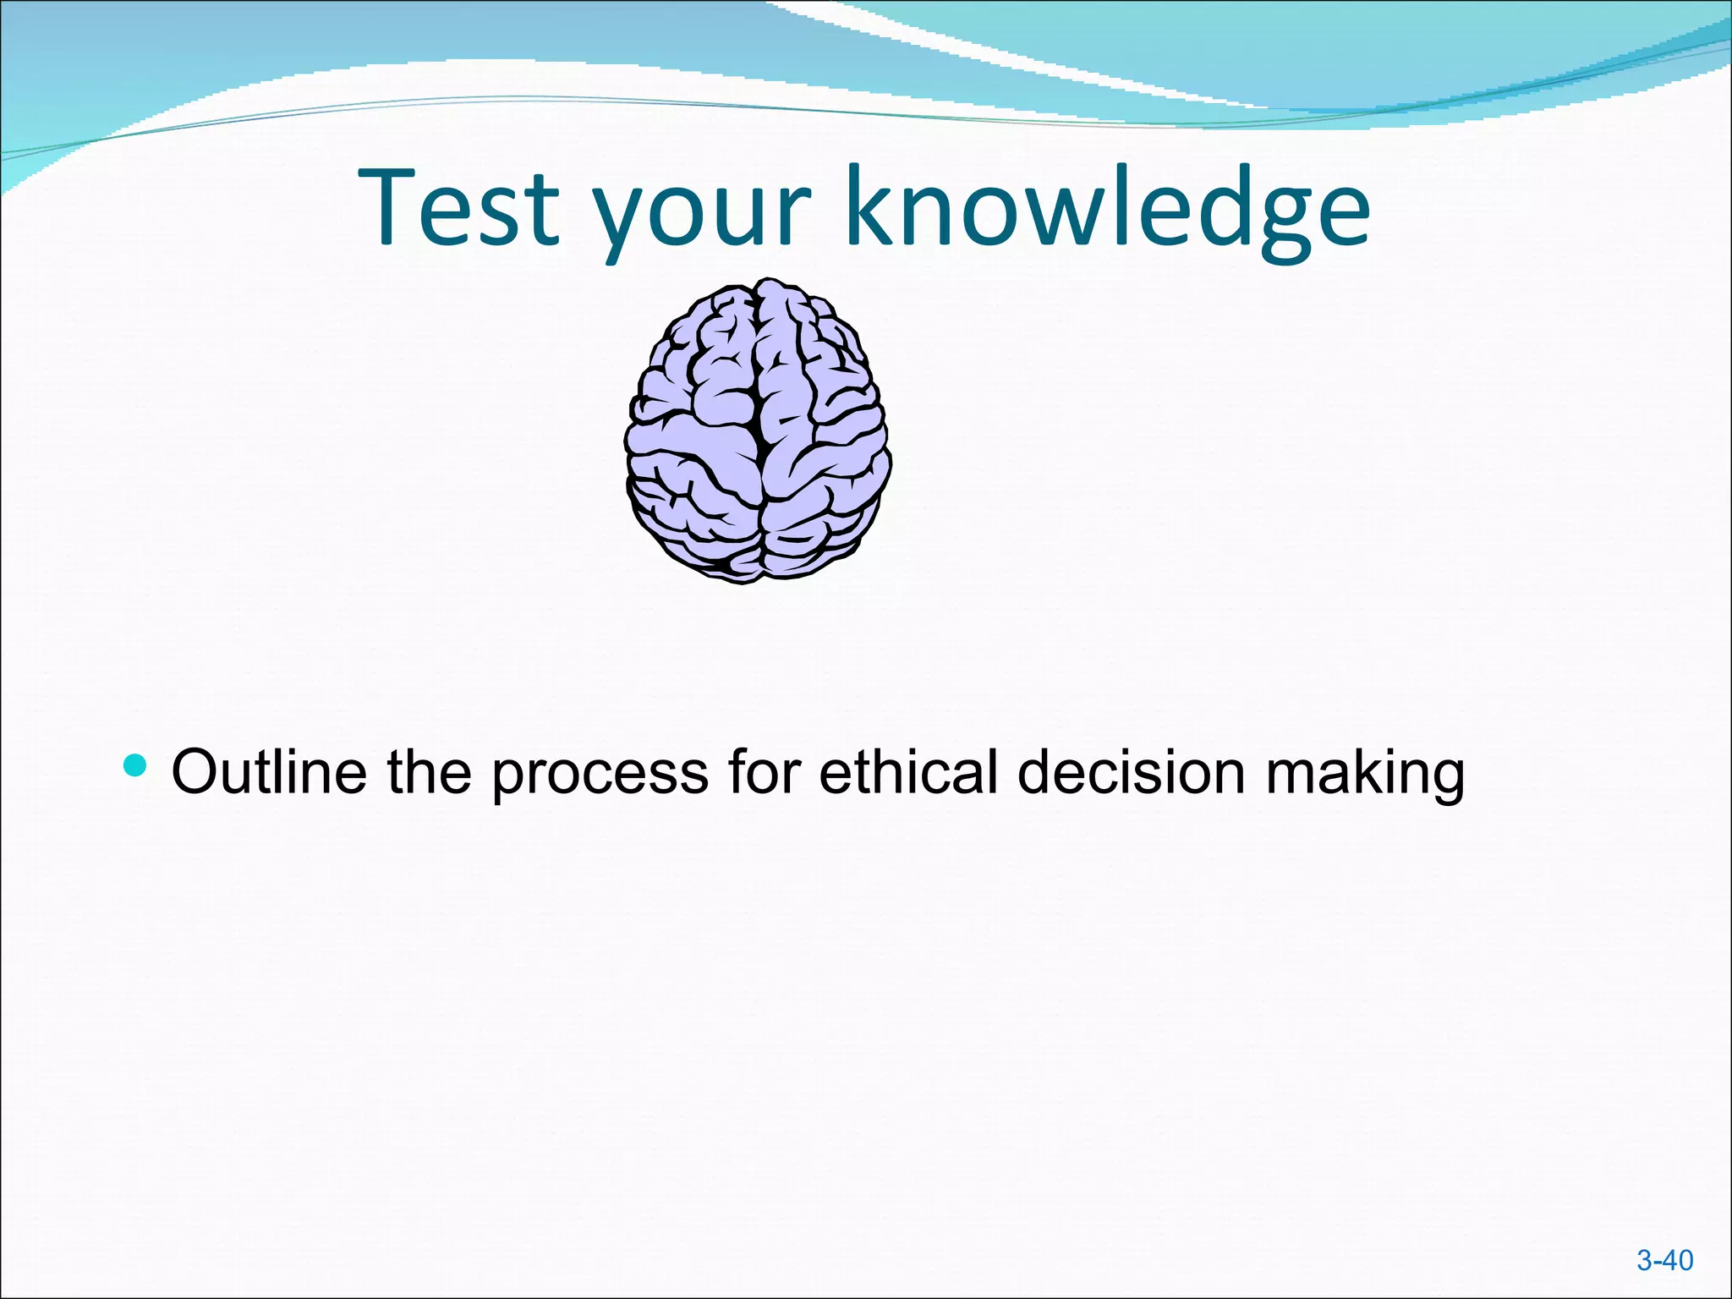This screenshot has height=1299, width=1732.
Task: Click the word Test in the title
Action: [x=460, y=207]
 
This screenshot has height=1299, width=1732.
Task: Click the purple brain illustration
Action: [x=758, y=431]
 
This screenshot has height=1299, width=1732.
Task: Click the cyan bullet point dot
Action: [x=134, y=766]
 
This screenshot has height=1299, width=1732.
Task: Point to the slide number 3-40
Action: [x=1664, y=1260]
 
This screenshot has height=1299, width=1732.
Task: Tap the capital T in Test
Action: [x=391, y=207]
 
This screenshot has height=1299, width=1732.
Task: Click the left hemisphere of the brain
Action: [x=693, y=440]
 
